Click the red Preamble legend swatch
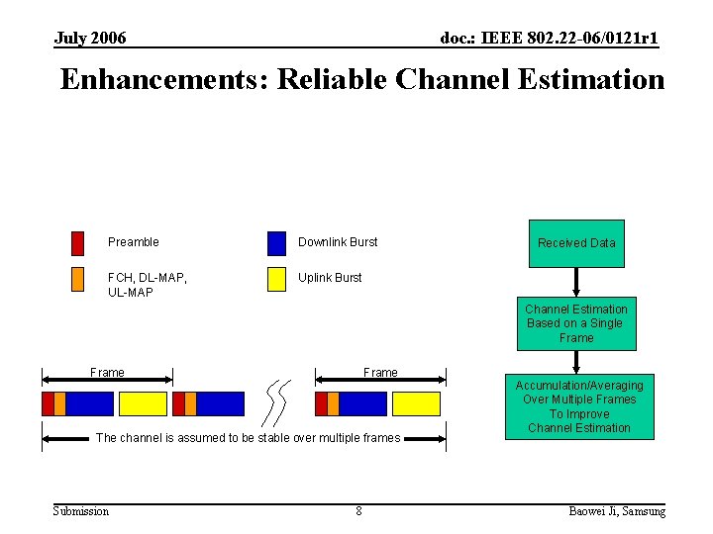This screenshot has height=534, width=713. pyautogui.click(x=77, y=243)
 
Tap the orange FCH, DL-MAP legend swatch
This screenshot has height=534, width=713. pyautogui.click(x=77, y=279)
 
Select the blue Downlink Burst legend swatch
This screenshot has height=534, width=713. pyautogui.click(x=276, y=243)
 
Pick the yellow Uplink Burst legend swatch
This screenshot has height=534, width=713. pyautogui.click(x=276, y=279)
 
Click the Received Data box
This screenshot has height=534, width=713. pyautogui.click(x=576, y=243)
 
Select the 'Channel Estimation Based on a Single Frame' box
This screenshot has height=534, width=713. pyautogui.click(x=576, y=323)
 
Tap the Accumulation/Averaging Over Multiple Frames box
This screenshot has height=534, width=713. pyautogui.click(x=579, y=406)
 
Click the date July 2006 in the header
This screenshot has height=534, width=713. pyautogui.click(x=90, y=39)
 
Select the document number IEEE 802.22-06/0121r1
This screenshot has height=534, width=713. pyautogui.click(x=549, y=39)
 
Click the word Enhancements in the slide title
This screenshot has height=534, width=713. pyautogui.click(x=163, y=79)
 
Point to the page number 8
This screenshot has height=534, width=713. pyautogui.click(x=358, y=511)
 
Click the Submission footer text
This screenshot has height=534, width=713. pyautogui.click(x=81, y=511)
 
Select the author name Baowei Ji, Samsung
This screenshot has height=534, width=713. pyautogui.click(x=617, y=511)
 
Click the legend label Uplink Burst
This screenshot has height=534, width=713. pyautogui.click(x=330, y=278)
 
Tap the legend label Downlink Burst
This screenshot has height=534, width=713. pyautogui.click(x=338, y=242)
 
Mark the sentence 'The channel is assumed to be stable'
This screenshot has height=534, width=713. pyautogui.click(x=248, y=438)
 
